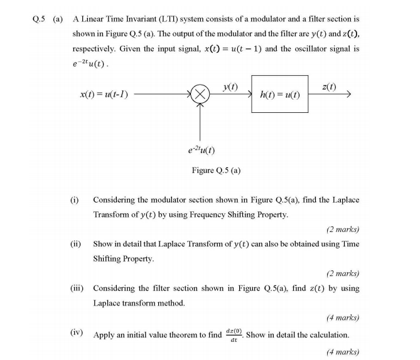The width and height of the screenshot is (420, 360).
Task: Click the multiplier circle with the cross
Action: tap(200, 95)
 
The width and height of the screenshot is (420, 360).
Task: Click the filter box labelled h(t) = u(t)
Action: tap(279, 94)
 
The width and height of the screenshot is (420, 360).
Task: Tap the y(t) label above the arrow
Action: tap(230, 85)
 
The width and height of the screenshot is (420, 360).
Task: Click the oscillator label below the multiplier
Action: tap(202, 150)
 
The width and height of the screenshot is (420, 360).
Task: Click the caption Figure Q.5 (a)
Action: tap(216, 170)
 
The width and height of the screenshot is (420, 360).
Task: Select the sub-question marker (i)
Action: tap(75, 199)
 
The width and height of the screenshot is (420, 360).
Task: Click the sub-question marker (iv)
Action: tap(77, 333)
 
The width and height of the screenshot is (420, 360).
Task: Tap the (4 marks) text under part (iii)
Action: tap(342, 317)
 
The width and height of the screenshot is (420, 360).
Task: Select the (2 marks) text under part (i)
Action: tap(342, 229)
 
